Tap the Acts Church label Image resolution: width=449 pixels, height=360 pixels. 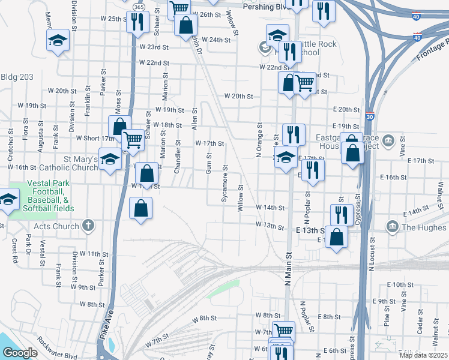click(x=57, y=226)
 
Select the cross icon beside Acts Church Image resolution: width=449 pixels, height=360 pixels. click(x=88, y=226)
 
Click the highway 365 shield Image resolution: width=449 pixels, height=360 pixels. click(x=139, y=7)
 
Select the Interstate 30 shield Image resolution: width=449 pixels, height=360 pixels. click(x=369, y=116)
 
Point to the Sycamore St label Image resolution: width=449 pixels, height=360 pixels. click(x=225, y=184)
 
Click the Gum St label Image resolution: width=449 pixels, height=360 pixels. click(x=209, y=163)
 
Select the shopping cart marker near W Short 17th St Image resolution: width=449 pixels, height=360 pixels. click(x=133, y=141)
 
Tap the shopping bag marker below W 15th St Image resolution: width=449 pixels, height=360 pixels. click(x=140, y=209)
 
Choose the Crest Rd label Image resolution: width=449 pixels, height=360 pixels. click(x=13, y=248)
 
